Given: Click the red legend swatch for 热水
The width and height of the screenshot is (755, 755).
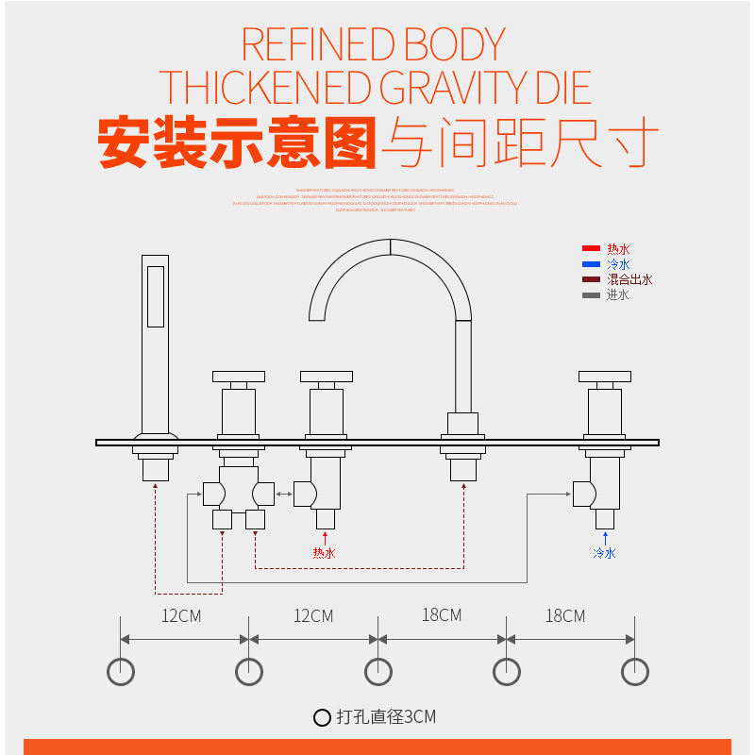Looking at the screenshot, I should click(592, 249).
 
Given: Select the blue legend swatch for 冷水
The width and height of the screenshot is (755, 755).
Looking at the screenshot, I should click(592, 264).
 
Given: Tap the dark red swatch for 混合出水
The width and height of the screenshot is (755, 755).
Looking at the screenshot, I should click(592, 279).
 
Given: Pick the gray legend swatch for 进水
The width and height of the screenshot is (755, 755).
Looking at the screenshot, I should click(592, 294).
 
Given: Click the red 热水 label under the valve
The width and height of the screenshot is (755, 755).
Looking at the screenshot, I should click(324, 553).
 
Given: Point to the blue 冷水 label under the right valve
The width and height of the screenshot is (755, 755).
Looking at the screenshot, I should click(604, 553).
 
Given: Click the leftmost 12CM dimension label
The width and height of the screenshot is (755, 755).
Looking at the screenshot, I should click(182, 616).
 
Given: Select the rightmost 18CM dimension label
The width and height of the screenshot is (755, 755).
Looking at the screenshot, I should click(565, 616).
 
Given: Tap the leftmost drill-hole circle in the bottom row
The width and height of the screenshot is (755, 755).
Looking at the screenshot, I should click(121, 671).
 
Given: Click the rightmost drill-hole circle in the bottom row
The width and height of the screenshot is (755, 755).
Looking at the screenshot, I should click(634, 671).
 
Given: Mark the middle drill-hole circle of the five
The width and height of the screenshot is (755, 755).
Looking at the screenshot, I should click(377, 671).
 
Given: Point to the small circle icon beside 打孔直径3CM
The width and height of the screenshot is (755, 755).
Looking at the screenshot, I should click(322, 717).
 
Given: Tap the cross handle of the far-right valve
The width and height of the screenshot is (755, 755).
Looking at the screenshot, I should click(604, 377).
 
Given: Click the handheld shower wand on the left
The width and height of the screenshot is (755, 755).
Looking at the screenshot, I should click(155, 340).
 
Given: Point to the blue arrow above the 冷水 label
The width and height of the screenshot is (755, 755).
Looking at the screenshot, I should click(604, 538).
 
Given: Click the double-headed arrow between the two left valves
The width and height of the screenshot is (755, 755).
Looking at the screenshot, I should click(284, 493).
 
